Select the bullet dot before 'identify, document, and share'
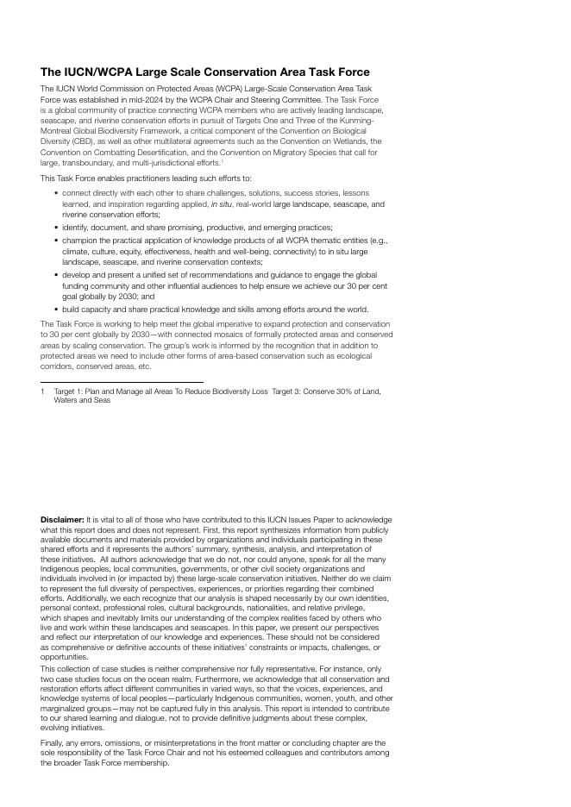click(56, 227)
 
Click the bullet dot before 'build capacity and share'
click(56, 309)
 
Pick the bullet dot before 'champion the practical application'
click(56, 241)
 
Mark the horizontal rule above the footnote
click(122, 382)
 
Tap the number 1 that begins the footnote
click(42, 391)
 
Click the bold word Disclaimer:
click(62, 520)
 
